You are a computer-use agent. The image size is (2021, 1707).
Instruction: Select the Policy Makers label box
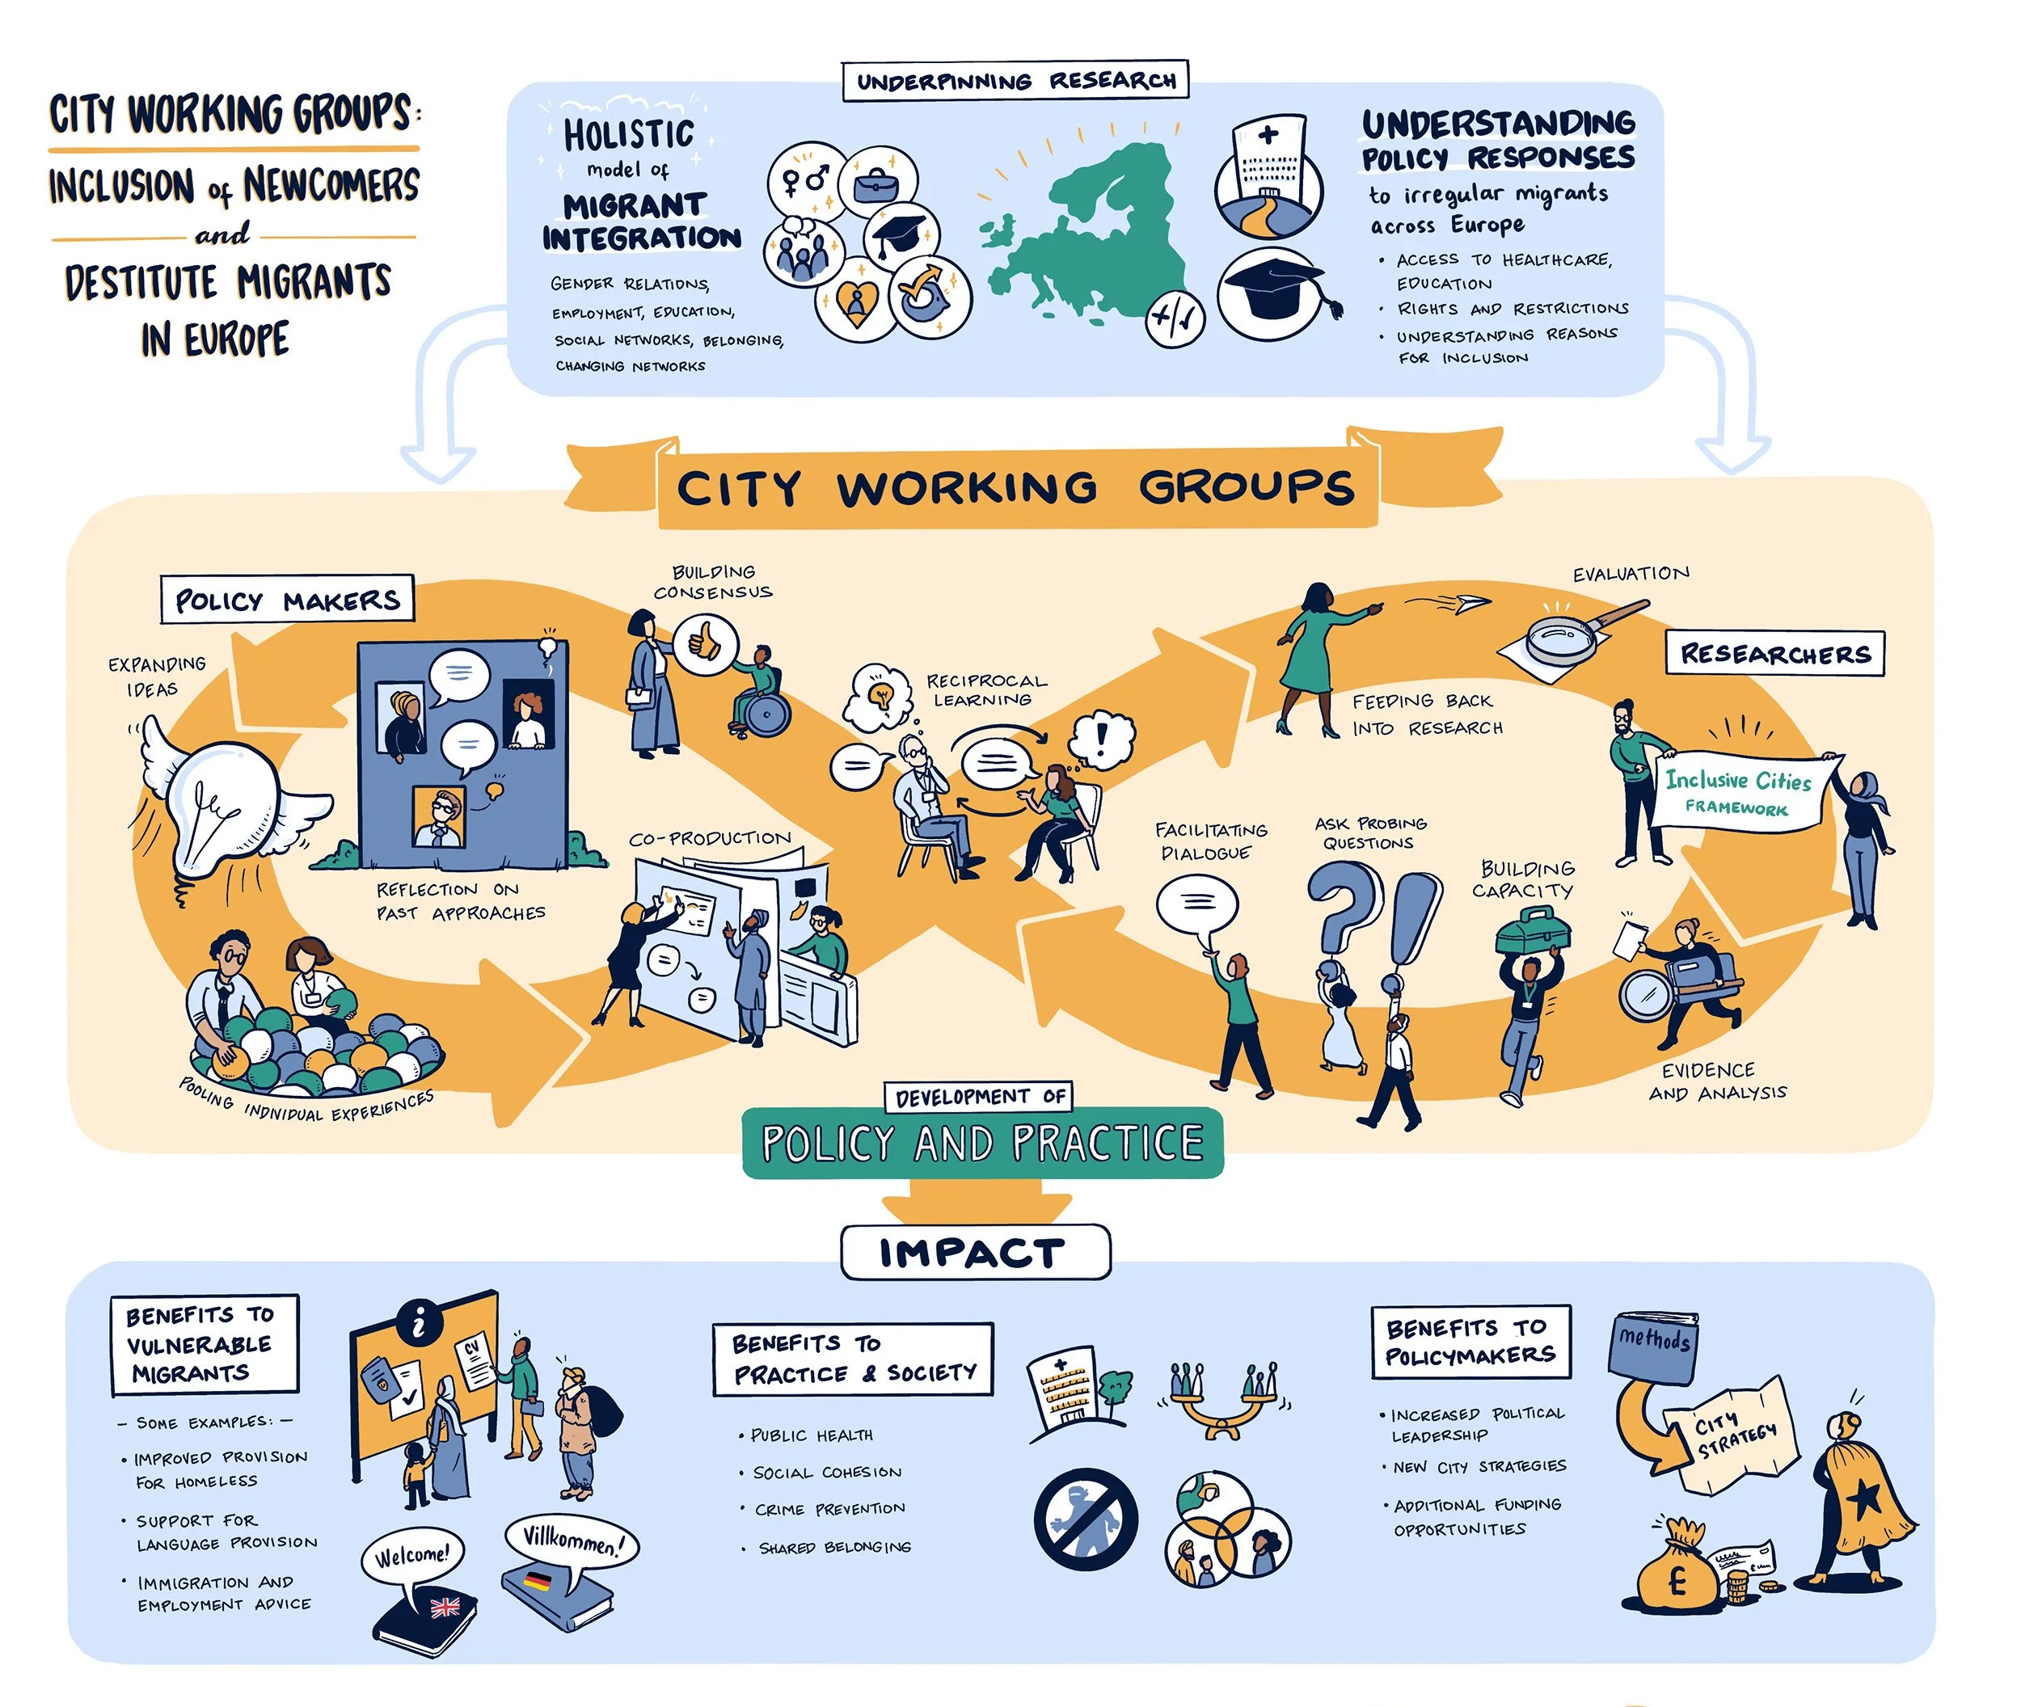288,600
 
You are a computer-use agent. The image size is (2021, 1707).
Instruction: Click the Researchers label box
1775,653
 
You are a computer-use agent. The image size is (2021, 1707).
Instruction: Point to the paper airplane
1473,603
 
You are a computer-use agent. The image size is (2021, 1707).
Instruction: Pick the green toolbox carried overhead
1534,931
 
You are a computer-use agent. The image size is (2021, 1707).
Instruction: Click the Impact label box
975,1252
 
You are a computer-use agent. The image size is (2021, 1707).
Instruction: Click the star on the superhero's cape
1863,1499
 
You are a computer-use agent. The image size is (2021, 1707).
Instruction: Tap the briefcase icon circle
878,183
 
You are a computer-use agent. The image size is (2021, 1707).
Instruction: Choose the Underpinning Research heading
1015,80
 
